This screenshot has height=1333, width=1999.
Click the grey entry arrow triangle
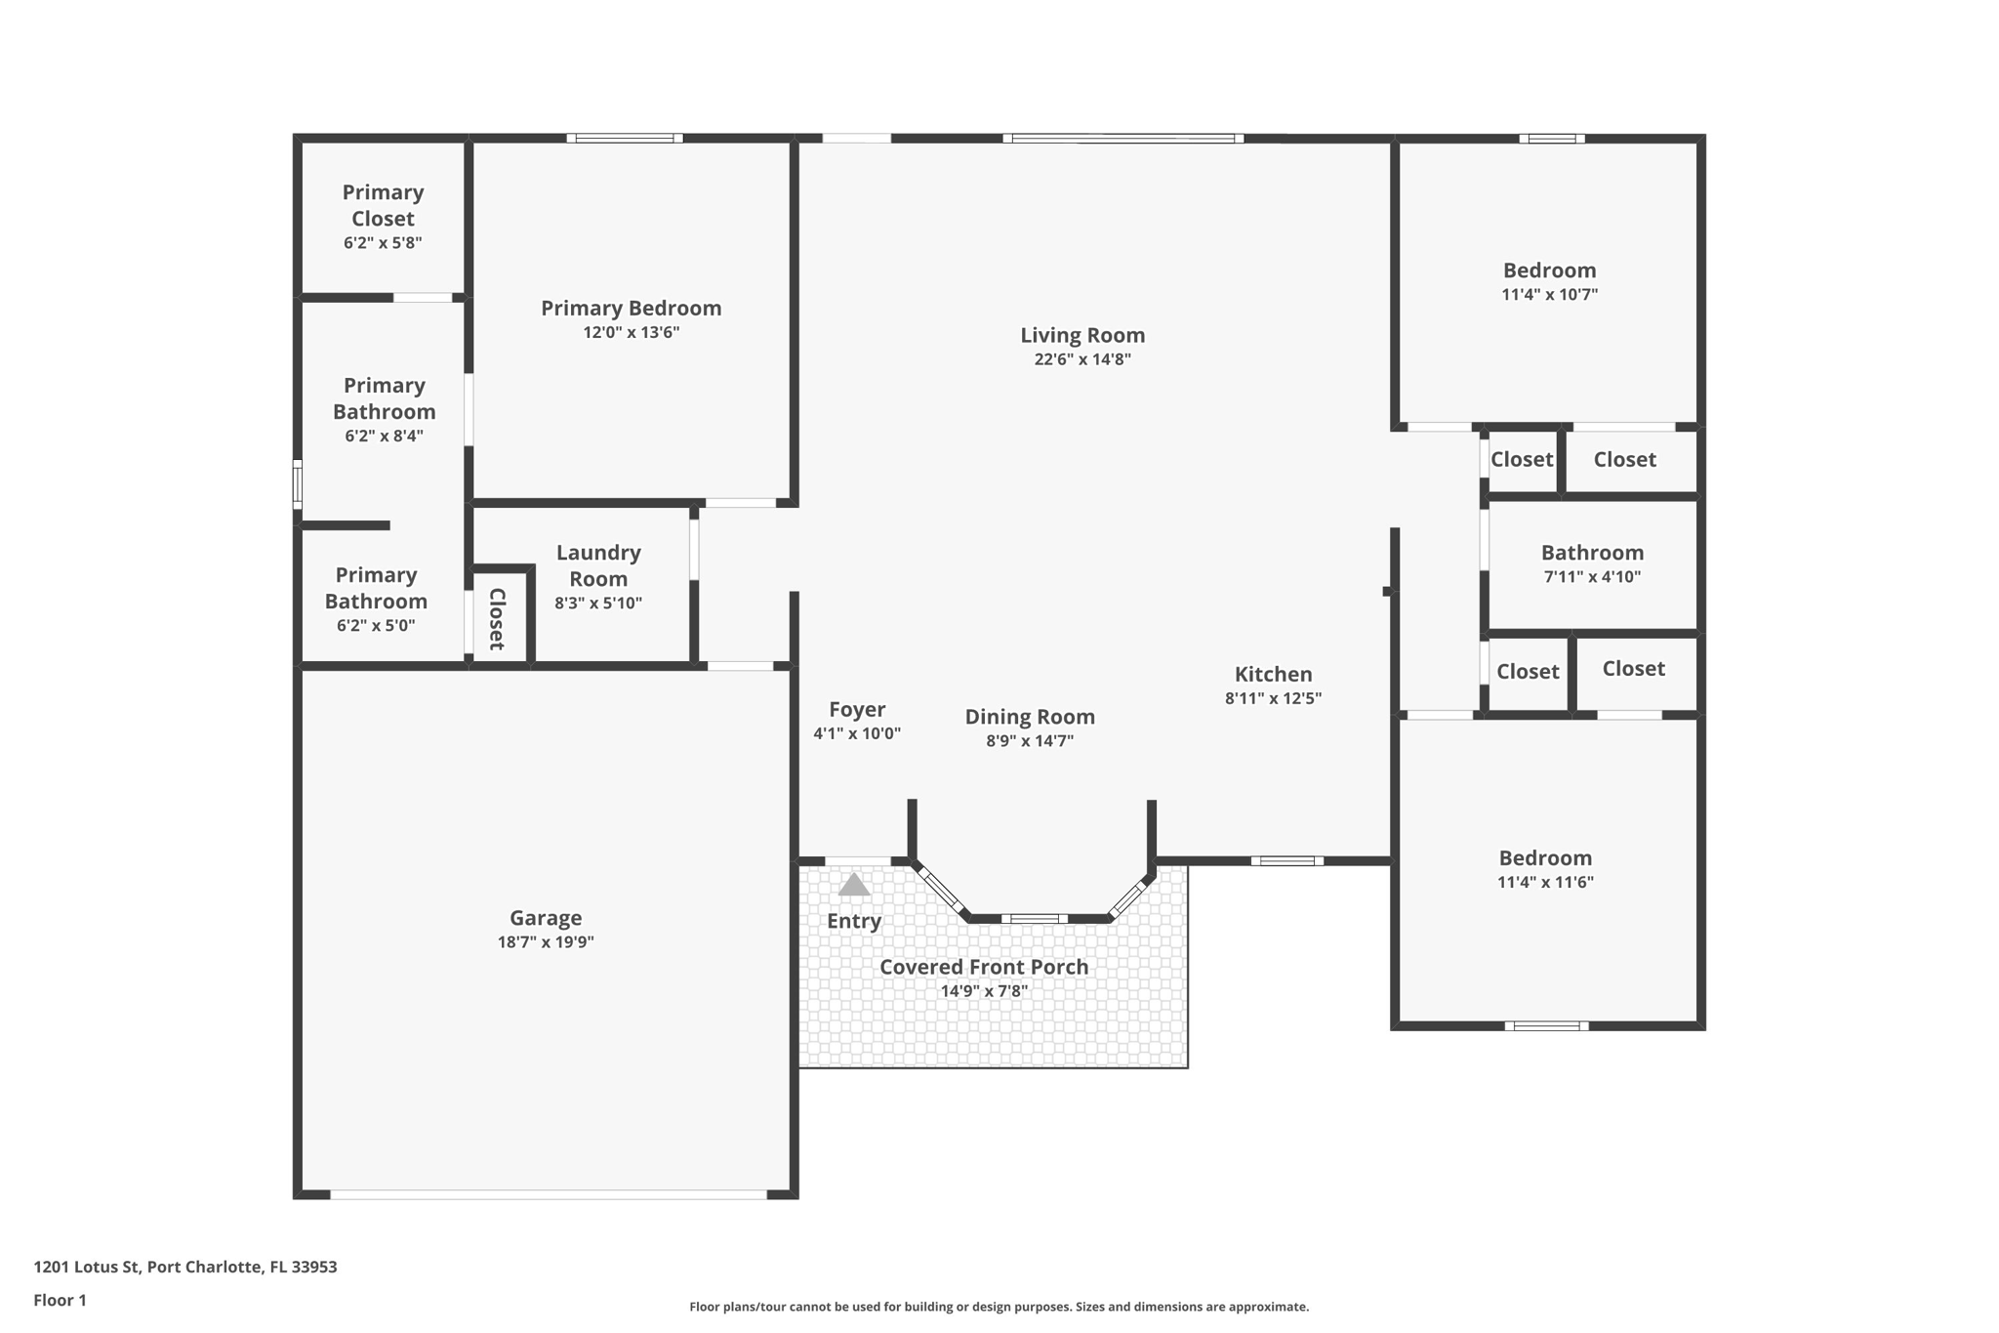[853, 885]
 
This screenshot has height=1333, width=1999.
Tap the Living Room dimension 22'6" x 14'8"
[1082, 359]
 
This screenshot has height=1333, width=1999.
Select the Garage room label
[545, 918]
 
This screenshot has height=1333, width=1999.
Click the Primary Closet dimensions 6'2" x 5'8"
[383, 243]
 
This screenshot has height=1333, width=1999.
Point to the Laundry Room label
[598, 565]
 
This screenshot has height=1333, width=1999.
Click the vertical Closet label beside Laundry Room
[497, 619]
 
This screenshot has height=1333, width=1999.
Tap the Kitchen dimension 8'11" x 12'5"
[1273, 698]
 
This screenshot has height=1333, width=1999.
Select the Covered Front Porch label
[983, 967]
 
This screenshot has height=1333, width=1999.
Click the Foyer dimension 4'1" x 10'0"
[856, 733]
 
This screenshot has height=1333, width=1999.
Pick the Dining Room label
[1030, 717]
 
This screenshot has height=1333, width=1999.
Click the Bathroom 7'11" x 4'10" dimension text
[1591, 577]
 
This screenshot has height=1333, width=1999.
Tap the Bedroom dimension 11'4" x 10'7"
[1549, 295]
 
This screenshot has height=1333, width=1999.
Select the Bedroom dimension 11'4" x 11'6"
[1545, 883]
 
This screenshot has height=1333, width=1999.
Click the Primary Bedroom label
[631, 309]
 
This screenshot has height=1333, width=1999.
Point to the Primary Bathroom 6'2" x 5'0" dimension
[376, 626]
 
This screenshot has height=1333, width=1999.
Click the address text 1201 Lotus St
[184, 1267]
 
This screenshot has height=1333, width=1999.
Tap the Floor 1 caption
[60, 1300]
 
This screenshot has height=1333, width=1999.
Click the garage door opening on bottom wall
[548, 1194]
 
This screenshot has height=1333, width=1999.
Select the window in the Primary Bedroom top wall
[625, 139]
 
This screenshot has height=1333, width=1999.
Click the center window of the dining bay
[1034, 919]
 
